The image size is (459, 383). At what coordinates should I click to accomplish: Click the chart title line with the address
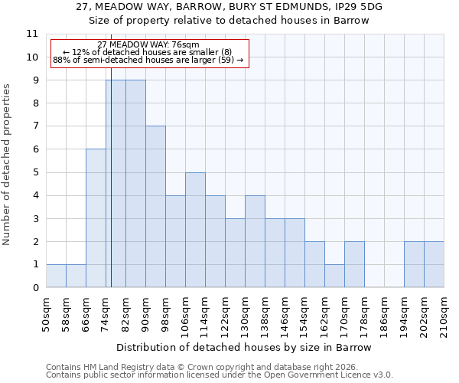(x=229, y=7)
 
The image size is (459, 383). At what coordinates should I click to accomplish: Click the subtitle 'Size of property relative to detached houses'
(x=229, y=21)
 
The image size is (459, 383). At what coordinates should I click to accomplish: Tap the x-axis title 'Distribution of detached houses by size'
(x=245, y=347)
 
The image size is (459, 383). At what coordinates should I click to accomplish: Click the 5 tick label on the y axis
(x=34, y=172)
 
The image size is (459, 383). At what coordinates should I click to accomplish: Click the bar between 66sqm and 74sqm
(x=96, y=218)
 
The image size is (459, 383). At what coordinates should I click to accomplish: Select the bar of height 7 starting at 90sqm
(x=155, y=207)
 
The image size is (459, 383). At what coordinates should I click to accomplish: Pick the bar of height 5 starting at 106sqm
(x=195, y=230)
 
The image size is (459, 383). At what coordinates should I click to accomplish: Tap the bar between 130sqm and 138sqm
(x=255, y=241)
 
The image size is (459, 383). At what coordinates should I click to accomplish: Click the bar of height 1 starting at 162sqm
(x=334, y=276)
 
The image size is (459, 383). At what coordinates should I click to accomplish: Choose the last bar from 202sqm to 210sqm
(x=434, y=264)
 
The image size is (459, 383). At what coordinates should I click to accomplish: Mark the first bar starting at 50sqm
(x=56, y=276)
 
